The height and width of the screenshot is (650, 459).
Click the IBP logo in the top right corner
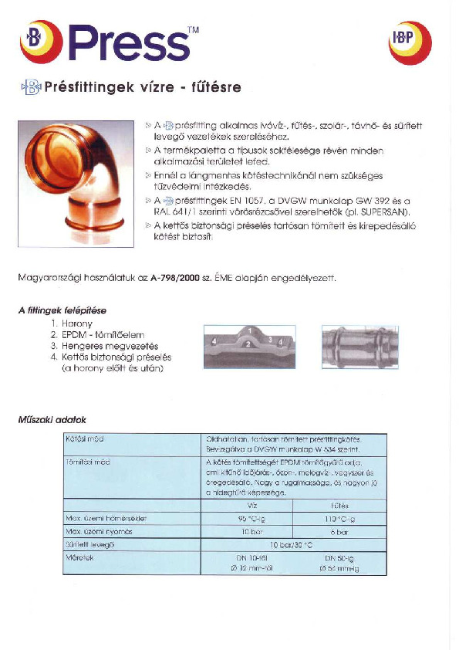click(410, 43)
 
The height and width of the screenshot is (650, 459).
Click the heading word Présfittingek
click(91, 87)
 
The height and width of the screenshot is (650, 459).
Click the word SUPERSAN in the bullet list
click(389, 211)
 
